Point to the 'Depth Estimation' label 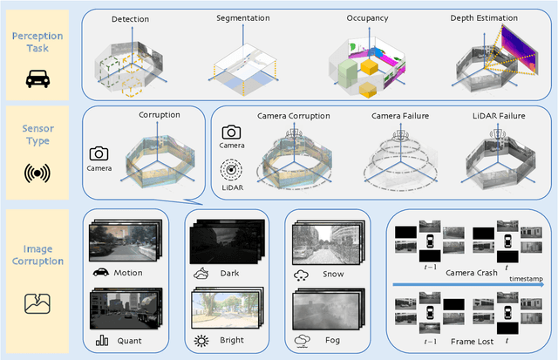pos(485,18)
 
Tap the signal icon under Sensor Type pos(38,171)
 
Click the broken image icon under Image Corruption pos(38,302)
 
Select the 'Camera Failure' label pos(402,115)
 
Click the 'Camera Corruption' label pos(293,115)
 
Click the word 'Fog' pos(329,341)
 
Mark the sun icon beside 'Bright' pos(203,339)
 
